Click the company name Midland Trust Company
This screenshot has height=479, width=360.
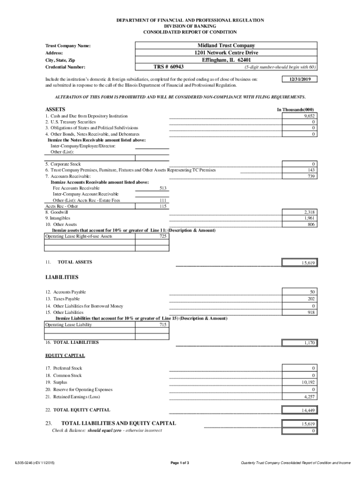pyautogui.click(x=226, y=46)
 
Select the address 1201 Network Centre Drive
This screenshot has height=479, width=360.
pyautogui.click(x=226, y=53)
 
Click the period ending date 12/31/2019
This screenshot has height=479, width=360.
pyautogui.click(x=300, y=80)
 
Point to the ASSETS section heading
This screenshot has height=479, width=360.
pyautogui.click(x=55, y=109)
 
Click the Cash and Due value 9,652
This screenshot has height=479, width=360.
pyautogui.click(x=309, y=116)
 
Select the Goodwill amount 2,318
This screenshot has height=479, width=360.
pyautogui.click(x=309, y=212)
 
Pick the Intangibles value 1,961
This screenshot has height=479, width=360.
pyautogui.click(x=309, y=218)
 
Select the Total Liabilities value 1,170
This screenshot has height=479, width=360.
pyautogui.click(x=309, y=343)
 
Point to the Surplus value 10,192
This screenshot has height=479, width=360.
pyautogui.click(x=308, y=382)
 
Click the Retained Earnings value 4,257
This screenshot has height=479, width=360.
pyautogui.click(x=309, y=397)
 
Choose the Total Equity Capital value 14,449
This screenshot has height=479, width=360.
pyautogui.click(x=308, y=410)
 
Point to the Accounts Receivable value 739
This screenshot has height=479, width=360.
pyautogui.click(x=311, y=176)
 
